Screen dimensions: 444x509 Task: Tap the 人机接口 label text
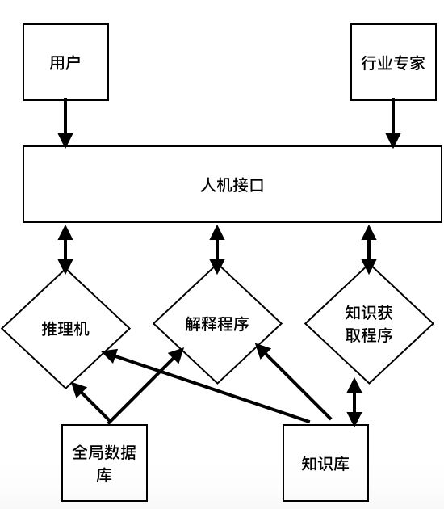pyautogui.click(x=232, y=185)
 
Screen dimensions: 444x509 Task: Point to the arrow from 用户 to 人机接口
pyautogui.click(x=65, y=123)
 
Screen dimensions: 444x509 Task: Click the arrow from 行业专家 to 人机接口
pyautogui.click(x=393, y=123)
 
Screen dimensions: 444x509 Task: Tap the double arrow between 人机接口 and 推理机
pyautogui.click(x=65, y=250)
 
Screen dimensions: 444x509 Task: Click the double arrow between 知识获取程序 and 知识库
pyautogui.click(x=354, y=402)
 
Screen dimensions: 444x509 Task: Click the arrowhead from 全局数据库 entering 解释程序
pyautogui.click(x=177, y=355)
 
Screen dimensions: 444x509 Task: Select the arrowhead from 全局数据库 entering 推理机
pyautogui.click(x=78, y=389)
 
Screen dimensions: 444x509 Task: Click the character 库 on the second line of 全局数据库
pyautogui.click(x=104, y=474)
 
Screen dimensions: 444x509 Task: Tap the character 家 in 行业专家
pyautogui.click(x=417, y=62)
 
